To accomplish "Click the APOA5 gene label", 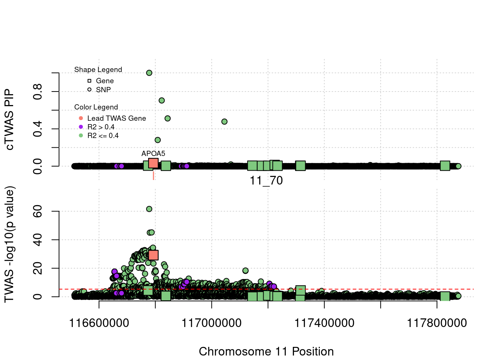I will (153, 153).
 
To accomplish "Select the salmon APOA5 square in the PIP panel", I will (153, 163).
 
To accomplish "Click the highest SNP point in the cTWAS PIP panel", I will (149, 73).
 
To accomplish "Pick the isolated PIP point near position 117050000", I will (224, 121).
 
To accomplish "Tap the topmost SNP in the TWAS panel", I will (149, 209).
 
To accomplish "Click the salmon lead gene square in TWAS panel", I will (153, 255).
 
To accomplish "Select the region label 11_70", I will (266, 181).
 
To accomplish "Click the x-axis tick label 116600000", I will (99, 323).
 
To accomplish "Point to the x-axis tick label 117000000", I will (211, 323).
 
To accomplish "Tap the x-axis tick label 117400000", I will (324, 323).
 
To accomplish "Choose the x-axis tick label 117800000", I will (437, 323).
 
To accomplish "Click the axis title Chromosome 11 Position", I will (266, 351).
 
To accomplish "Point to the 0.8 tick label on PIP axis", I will (38, 91).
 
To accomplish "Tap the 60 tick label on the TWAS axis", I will (38, 211).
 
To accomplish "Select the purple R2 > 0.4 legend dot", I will (81, 127).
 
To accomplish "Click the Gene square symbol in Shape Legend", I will (89, 81).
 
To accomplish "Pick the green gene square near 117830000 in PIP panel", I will (445, 166).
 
